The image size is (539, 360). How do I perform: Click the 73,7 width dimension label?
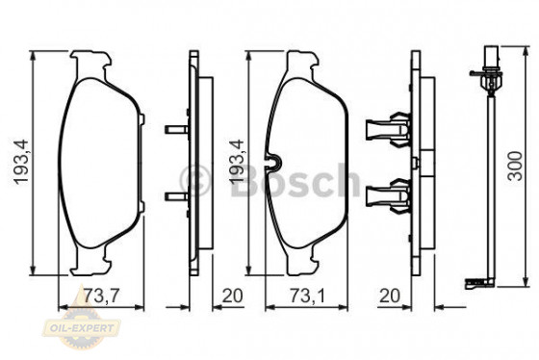[x=100, y=295]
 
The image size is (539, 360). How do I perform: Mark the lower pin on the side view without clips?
[x=174, y=197]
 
